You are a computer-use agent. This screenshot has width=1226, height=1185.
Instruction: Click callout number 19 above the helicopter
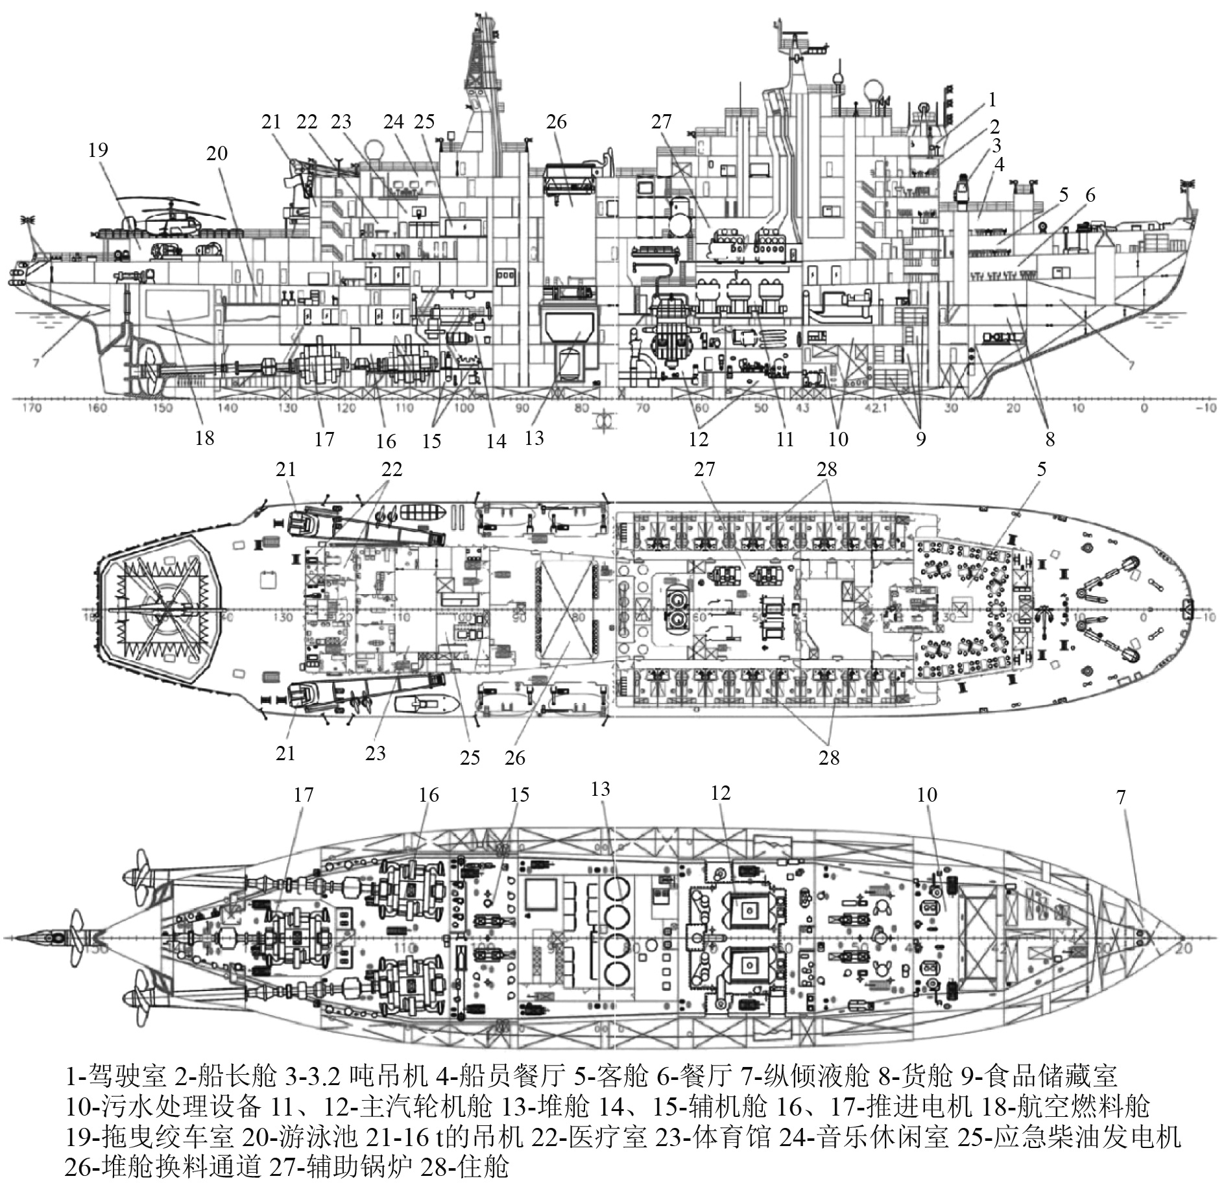tap(98, 150)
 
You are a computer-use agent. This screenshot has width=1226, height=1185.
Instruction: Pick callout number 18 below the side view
tap(204, 438)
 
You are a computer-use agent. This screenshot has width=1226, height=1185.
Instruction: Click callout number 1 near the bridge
tap(991, 100)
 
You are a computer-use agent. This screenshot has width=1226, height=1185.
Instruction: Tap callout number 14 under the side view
tap(496, 441)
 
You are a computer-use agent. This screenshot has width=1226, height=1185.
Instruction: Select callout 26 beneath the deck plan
tap(514, 758)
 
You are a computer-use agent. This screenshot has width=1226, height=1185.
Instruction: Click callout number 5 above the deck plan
tap(1041, 469)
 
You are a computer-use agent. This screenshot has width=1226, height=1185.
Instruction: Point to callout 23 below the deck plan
tap(375, 753)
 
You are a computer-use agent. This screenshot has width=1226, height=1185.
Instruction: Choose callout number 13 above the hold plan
tap(601, 789)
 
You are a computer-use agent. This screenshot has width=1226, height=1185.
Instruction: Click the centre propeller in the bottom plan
tap(71, 938)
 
